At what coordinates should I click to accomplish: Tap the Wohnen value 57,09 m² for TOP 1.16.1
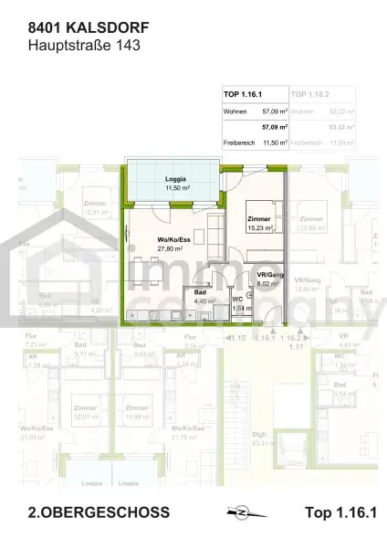(275, 111)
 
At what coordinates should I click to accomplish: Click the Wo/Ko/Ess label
(171, 240)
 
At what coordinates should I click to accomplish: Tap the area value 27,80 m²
(171, 248)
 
